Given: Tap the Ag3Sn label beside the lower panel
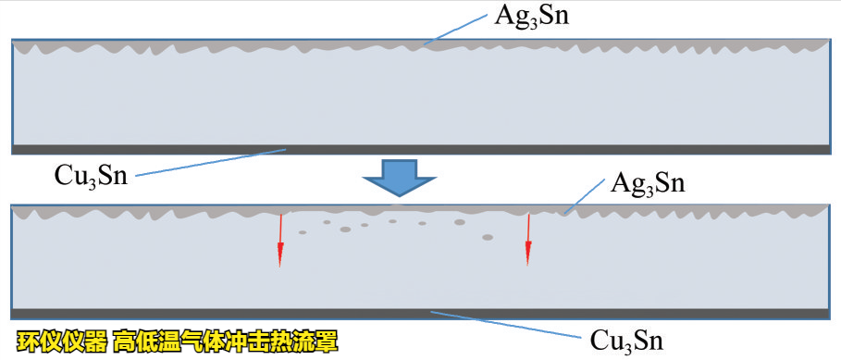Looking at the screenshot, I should [x=647, y=182].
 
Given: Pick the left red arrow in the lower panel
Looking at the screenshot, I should [x=279, y=241].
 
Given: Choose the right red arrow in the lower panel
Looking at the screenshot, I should [x=528, y=239].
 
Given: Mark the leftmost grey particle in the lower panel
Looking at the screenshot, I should [x=303, y=232].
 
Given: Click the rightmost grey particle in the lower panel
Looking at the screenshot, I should [x=488, y=238].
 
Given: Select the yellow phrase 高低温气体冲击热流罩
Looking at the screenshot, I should [x=226, y=341].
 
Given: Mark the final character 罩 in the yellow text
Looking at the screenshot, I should [x=327, y=341].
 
